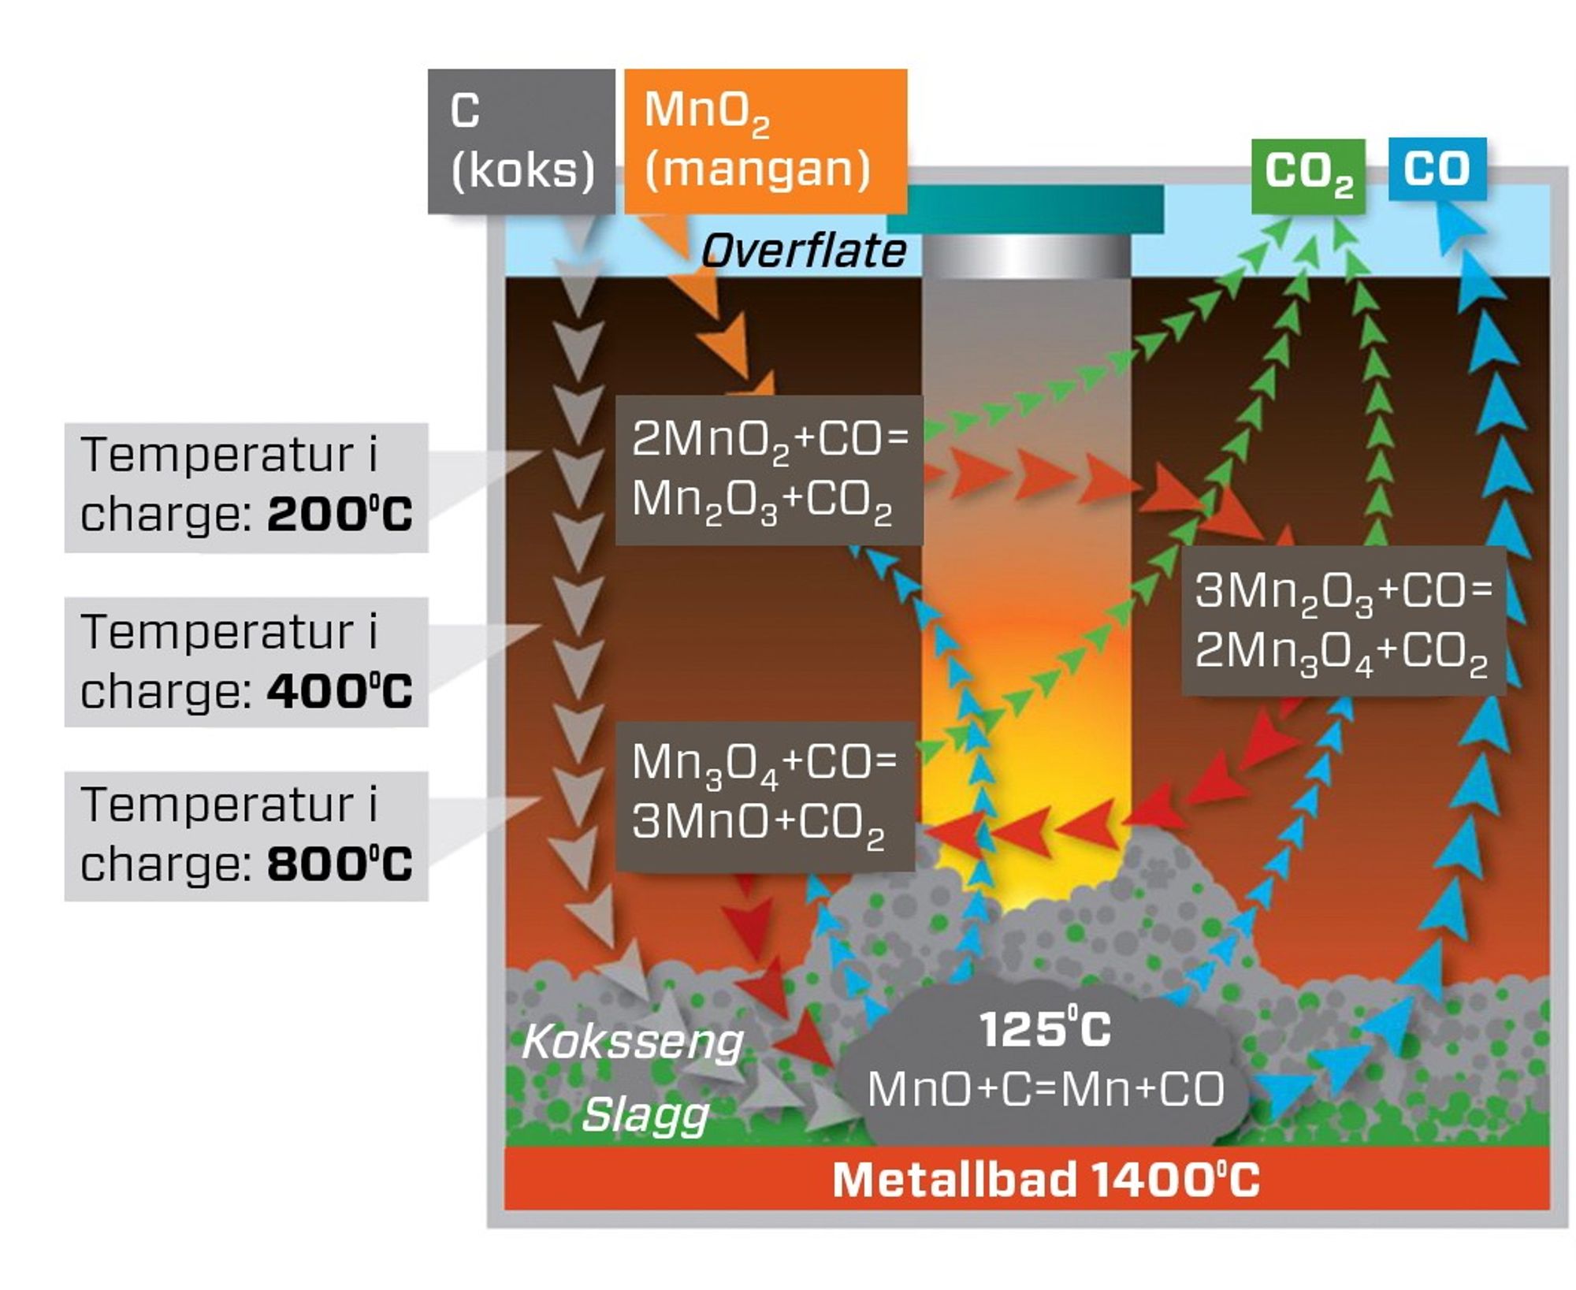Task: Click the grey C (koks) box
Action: click(521, 141)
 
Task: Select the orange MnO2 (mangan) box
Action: click(764, 141)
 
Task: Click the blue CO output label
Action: click(1437, 169)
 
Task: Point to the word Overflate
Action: click(803, 251)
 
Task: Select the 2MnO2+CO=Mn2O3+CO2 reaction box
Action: click(768, 470)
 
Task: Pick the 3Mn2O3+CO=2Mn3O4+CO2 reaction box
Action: click(1343, 620)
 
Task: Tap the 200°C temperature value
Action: click(340, 515)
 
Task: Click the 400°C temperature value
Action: click(340, 691)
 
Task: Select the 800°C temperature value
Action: click(340, 864)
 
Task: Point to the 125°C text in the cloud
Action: click(1044, 1029)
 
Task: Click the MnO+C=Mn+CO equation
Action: click(1046, 1089)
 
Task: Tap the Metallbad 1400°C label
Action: click(1045, 1180)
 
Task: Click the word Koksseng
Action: click(633, 1042)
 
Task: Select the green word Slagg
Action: click(645, 1115)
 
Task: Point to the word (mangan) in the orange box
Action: click(756, 169)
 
